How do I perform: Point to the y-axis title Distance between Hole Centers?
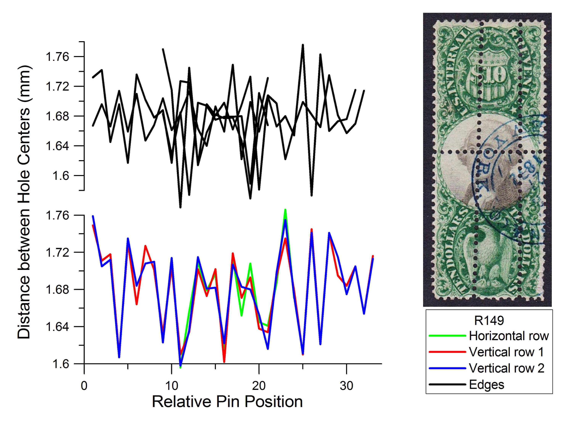pos(24,202)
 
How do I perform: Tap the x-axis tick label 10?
pos(171,386)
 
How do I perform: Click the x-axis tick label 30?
pos(346,386)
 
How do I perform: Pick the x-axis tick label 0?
pos(84,386)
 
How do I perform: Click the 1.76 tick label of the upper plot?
pos(57,57)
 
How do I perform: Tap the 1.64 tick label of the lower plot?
pos(57,327)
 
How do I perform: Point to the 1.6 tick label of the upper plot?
pos(61,176)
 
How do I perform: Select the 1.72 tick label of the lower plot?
pos(57,252)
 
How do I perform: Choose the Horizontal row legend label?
pos(509,336)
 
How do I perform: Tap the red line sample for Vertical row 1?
pos(447,352)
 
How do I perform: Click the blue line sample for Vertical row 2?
pos(447,368)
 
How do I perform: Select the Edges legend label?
pos(486,385)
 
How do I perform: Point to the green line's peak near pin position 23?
pos(285,210)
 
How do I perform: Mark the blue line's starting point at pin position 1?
pos(93,216)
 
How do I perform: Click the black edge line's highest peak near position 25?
pos(303,45)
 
